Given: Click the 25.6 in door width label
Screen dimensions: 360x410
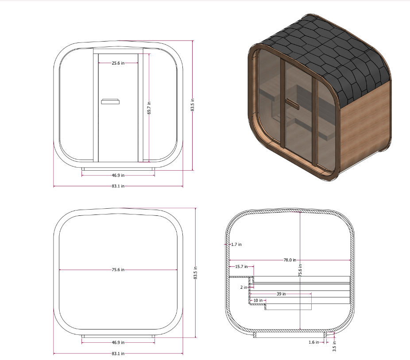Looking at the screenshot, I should coord(117,63).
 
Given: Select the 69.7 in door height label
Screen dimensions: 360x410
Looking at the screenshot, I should coord(149,107).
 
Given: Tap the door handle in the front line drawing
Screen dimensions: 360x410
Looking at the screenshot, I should coord(110,102).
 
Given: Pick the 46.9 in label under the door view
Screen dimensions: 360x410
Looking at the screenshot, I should coord(118,175).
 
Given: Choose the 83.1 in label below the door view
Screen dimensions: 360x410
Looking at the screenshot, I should coord(118,186).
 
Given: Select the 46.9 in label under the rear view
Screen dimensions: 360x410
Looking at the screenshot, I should coord(118,342).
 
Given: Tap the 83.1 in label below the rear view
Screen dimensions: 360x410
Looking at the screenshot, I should coord(118,354).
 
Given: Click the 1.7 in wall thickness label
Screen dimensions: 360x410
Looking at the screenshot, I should coord(236,244).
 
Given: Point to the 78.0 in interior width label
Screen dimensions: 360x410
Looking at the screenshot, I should coord(290,260).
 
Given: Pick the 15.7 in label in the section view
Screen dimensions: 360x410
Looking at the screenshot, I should coord(241,267).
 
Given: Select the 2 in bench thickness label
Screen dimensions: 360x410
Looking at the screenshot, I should coord(244,287).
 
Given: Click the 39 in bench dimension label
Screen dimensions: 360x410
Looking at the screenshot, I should coord(281,294).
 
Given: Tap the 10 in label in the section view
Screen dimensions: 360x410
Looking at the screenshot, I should coord(257,300).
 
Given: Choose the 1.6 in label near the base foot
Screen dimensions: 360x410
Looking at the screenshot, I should coord(314,342).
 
